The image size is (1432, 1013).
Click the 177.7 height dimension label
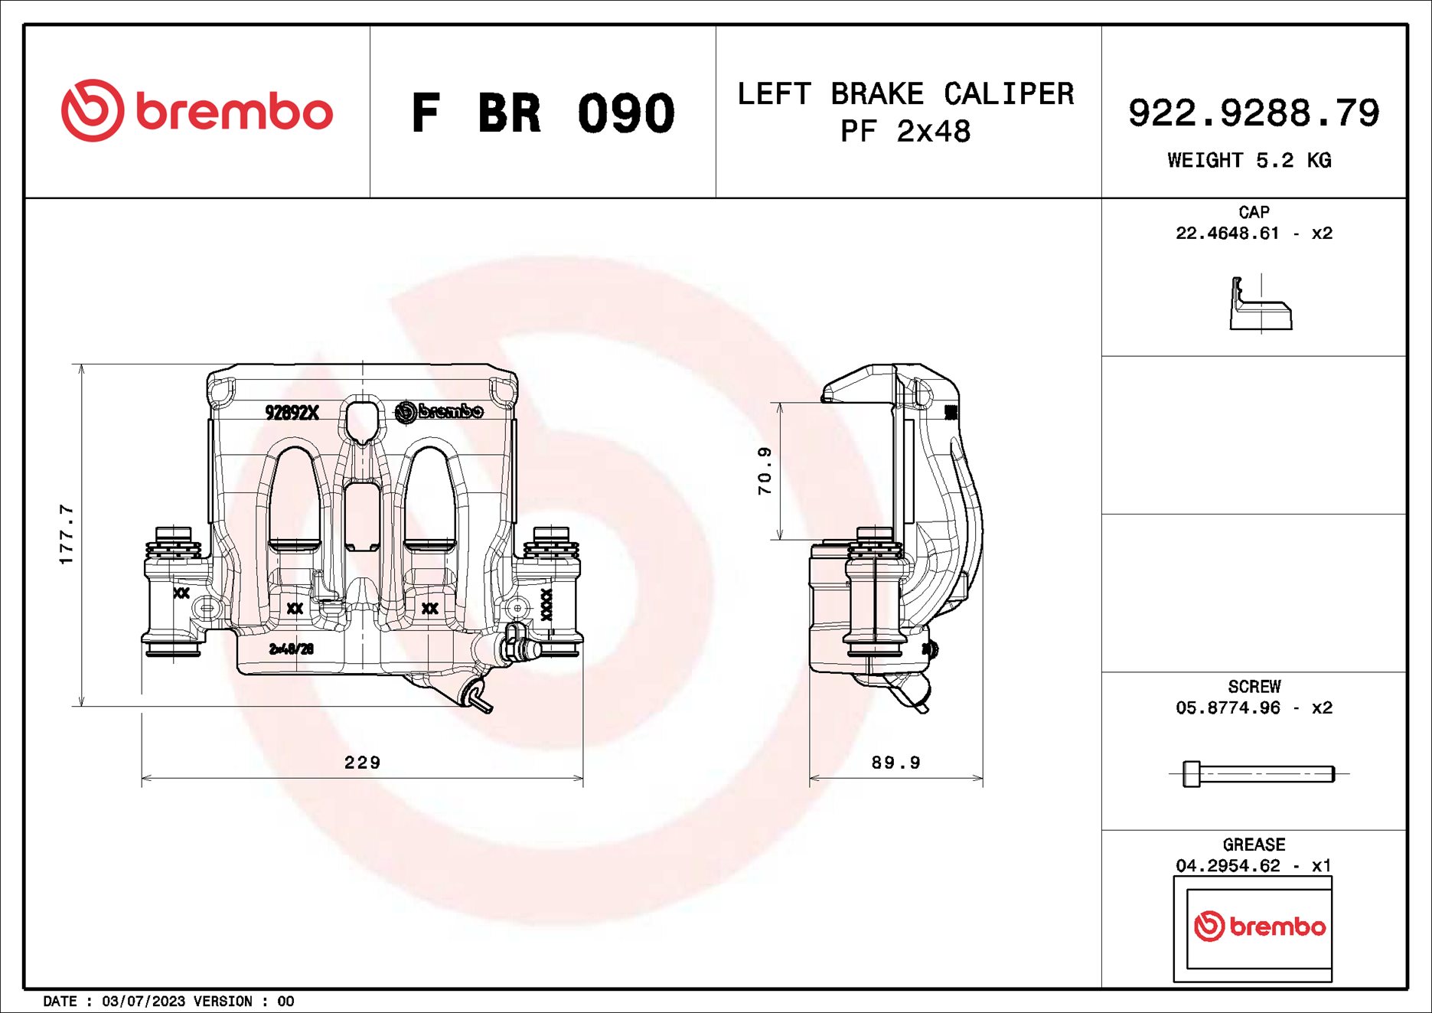67,534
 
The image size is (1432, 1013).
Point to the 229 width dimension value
362,763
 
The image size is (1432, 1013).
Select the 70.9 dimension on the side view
765,471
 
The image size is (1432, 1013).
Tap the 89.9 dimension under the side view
895,763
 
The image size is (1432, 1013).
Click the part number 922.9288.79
1253,113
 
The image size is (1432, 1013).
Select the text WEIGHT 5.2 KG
1249,161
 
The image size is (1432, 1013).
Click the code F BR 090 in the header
543,113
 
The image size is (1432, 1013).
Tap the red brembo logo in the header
197,110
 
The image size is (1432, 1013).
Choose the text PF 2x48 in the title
905,132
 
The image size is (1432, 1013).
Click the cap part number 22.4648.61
1227,234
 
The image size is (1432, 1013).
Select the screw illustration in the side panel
1258,773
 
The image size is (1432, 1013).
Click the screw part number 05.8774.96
1227,708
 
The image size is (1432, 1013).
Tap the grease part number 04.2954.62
1227,866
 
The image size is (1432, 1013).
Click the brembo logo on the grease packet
1259,926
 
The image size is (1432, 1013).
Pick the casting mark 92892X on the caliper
292,413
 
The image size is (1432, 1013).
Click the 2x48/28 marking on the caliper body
291,649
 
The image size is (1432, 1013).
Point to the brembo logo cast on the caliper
439,411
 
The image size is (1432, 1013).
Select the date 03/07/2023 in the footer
143,1002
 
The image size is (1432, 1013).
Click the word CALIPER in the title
1008,94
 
